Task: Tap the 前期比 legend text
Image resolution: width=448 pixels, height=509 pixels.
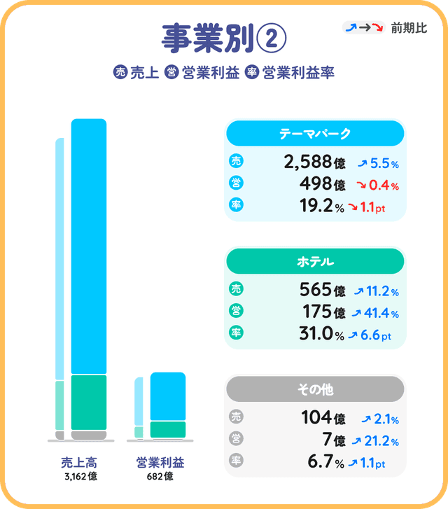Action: (x=409, y=28)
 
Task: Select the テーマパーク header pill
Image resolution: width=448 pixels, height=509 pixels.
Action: (x=314, y=133)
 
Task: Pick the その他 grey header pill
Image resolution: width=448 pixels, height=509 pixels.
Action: (x=314, y=389)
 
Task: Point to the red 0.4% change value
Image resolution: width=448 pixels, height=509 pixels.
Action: (x=384, y=186)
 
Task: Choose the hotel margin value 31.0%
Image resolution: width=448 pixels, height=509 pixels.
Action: (x=319, y=335)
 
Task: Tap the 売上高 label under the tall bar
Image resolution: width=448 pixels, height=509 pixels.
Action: (x=78, y=463)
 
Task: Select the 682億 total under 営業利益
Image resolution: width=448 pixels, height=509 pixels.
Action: (x=161, y=477)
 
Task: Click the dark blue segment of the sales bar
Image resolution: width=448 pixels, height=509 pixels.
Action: (x=89, y=245)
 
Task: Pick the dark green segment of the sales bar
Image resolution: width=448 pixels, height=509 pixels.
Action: (x=89, y=402)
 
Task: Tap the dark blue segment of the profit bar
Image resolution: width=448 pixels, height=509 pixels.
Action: (x=168, y=396)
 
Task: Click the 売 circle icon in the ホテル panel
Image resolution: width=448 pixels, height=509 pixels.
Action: (x=236, y=290)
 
